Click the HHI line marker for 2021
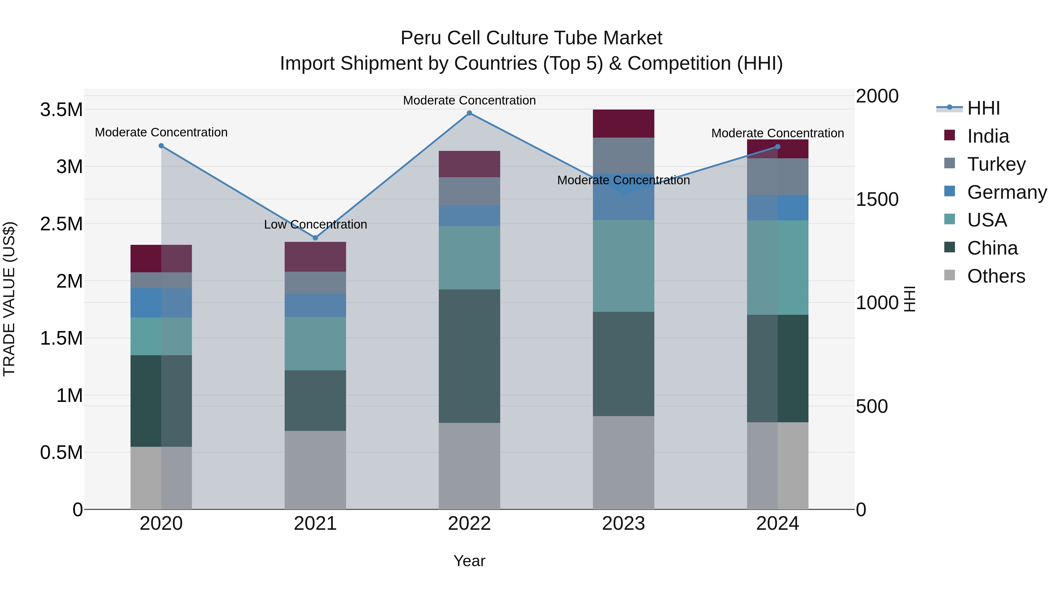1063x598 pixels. [x=315, y=238]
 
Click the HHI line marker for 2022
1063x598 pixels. [x=469, y=113]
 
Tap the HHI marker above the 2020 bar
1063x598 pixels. [x=161, y=146]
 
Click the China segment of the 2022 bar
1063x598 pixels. [x=469, y=356]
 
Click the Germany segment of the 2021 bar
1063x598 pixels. [x=315, y=305]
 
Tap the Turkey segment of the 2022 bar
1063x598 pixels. [x=469, y=191]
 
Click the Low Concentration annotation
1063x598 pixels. [x=315, y=224]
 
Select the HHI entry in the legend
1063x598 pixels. [x=983, y=108]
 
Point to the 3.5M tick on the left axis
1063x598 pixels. [x=61, y=110]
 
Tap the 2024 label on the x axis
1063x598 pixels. [x=777, y=523]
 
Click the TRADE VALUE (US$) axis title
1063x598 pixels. [x=9, y=299]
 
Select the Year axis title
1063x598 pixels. [x=469, y=561]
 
